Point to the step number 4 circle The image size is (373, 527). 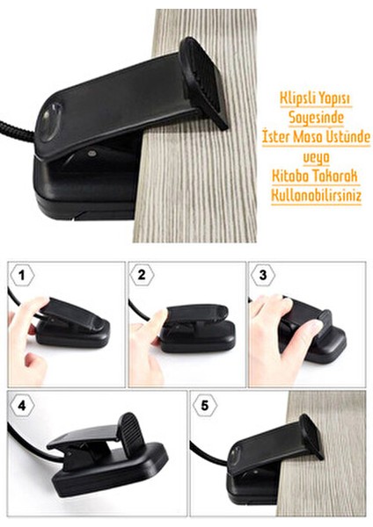(20, 406)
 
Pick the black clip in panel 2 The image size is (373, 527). (198, 327)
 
